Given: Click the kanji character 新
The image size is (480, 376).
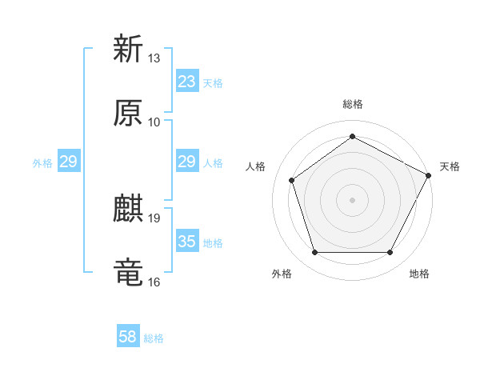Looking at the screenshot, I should (x=128, y=49).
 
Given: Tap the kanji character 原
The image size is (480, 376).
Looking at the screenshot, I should (x=128, y=113).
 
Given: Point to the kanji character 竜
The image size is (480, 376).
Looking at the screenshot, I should (x=128, y=273).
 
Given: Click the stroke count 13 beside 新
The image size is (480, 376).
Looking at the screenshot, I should (x=154, y=58).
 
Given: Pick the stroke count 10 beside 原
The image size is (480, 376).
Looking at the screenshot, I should (x=154, y=122).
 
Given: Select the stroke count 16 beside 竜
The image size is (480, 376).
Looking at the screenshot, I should (x=154, y=282).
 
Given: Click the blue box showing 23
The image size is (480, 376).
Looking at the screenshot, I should (x=187, y=82).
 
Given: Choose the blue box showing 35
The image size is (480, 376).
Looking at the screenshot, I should (x=187, y=242).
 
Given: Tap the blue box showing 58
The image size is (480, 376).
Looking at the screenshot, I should (x=128, y=338).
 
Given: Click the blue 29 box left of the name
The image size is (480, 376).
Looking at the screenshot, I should (x=68, y=162).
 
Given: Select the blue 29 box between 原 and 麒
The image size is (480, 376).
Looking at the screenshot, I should (x=187, y=162).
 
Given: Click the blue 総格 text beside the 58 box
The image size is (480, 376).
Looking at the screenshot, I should (x=154, y=338).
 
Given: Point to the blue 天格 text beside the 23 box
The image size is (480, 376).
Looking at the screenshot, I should (x=213, y=82).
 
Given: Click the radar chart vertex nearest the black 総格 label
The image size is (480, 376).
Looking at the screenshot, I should (x=352, y=136).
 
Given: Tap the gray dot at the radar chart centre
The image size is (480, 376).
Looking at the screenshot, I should (x=352, y=199).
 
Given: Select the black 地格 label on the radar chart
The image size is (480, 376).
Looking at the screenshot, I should (x=419, y=274).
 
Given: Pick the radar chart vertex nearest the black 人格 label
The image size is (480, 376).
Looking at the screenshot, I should (x=292, y=180).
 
